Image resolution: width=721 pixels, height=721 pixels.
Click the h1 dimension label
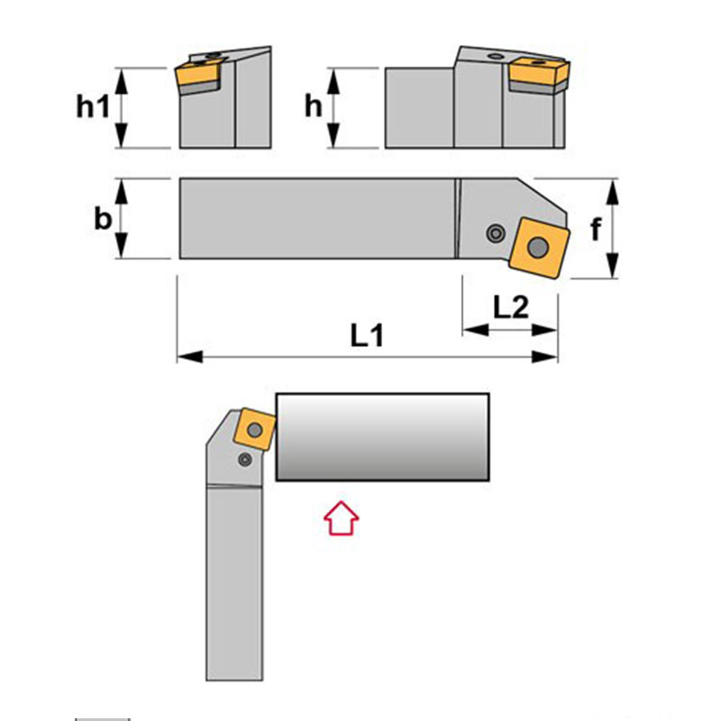[93, 106]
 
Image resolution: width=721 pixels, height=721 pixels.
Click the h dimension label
[313, 106]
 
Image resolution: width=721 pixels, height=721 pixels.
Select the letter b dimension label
[103, 218]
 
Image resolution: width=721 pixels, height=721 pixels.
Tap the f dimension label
[596, 229]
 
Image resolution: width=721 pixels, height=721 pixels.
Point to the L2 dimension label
[511, 306]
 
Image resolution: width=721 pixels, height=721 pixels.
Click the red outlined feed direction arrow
[342, 517]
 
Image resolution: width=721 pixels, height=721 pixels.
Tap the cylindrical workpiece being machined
[382, 437]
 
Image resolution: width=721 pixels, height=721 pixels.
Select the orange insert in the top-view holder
[539, 247]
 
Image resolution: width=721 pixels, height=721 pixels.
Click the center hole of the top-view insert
[538, 249]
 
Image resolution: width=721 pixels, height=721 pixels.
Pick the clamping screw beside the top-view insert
[495, 233]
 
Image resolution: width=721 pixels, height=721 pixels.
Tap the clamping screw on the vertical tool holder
[245, 459]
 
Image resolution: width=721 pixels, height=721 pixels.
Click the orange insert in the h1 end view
[197, 75]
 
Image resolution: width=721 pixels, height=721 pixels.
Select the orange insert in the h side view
[539, 70]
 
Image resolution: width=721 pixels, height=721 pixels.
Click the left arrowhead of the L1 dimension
[190, 356]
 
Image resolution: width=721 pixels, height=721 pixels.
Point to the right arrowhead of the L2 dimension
[545, 330]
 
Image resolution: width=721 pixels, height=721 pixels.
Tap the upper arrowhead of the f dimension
[612, 192]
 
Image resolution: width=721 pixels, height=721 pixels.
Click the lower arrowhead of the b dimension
[121, 246]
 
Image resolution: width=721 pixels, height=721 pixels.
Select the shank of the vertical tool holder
[234, 583]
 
